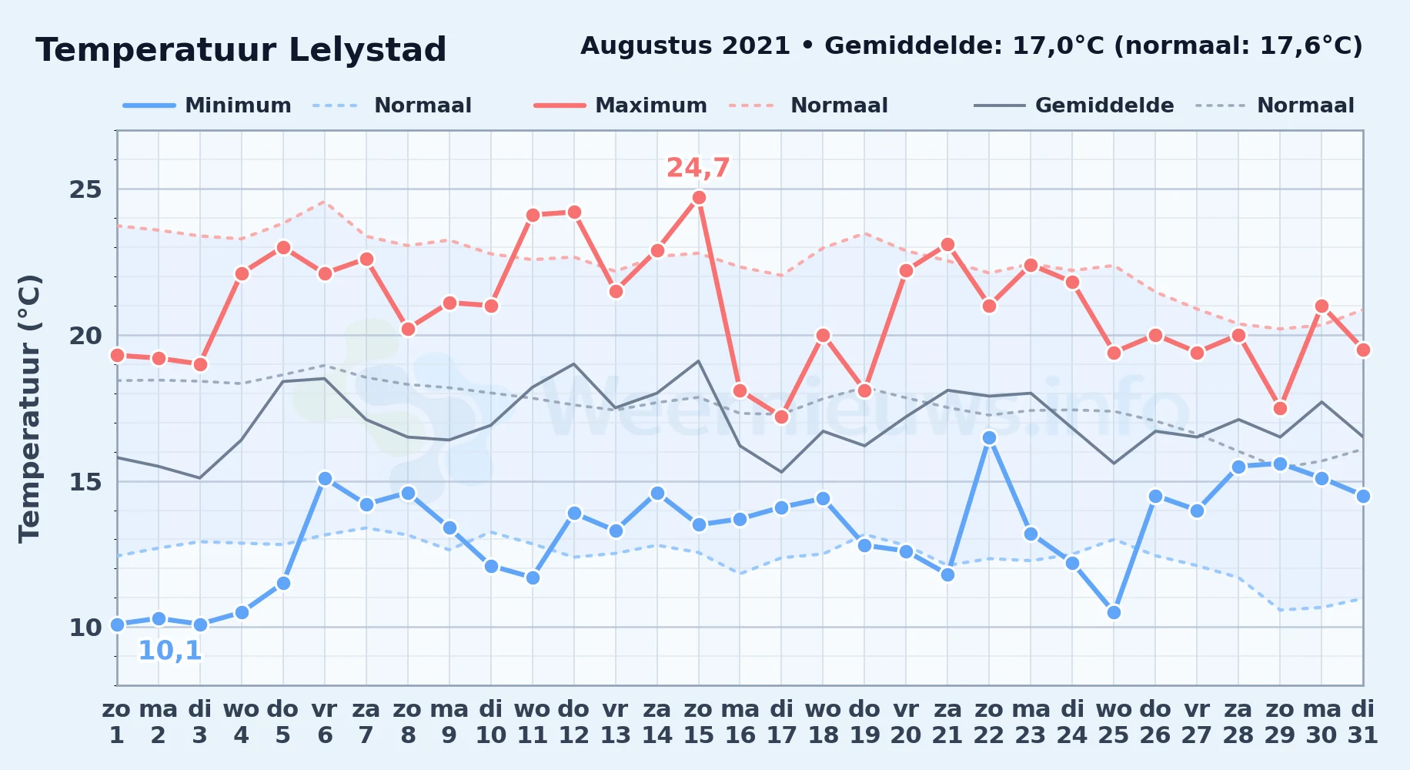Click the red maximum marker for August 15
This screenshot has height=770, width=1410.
click(699, 198)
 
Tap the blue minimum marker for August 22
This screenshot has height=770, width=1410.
click(989, 437)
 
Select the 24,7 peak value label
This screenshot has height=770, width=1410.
click(698, 168)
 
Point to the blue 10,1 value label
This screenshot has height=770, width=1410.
click(169, 651)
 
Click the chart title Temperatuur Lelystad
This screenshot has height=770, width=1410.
click(241, 50)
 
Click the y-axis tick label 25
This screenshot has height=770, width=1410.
click(85, 189)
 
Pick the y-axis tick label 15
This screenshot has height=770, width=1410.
click(85, 482)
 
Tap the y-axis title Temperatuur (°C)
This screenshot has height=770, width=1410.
click(29, 408)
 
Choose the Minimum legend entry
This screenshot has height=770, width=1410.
click(208, 105)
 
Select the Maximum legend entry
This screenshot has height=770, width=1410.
click(620, 105)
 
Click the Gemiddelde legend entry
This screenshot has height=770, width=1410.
click(1074, 105)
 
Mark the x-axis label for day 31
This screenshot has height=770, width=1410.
click(1362, 722)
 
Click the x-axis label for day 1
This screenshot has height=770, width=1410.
click(117, 722)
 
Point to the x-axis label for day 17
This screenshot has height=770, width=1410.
click(781, 722)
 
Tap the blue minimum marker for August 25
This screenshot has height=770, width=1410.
click(1114, 612)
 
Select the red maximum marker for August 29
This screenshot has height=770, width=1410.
click(1280, 408)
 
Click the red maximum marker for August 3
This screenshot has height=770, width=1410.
click(200, 364)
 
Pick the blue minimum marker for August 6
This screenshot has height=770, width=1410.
click(325, 478)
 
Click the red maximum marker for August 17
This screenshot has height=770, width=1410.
click(781, 417)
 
